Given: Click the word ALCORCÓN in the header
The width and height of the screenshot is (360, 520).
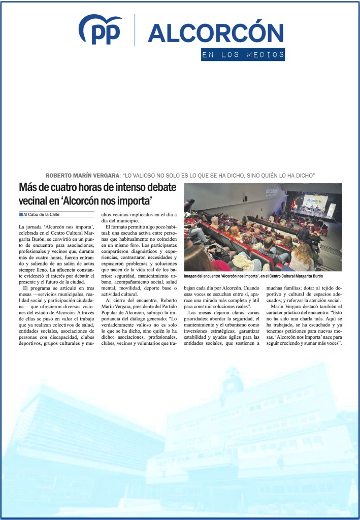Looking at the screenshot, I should point(215,33).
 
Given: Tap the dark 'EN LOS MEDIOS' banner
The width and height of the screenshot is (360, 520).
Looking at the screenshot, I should point(243,55).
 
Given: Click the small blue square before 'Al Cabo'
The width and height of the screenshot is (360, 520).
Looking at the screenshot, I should point(20,214).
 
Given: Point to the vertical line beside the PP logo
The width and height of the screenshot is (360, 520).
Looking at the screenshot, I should point(135,30).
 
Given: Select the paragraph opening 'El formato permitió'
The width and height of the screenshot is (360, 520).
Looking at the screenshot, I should point(138,254).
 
